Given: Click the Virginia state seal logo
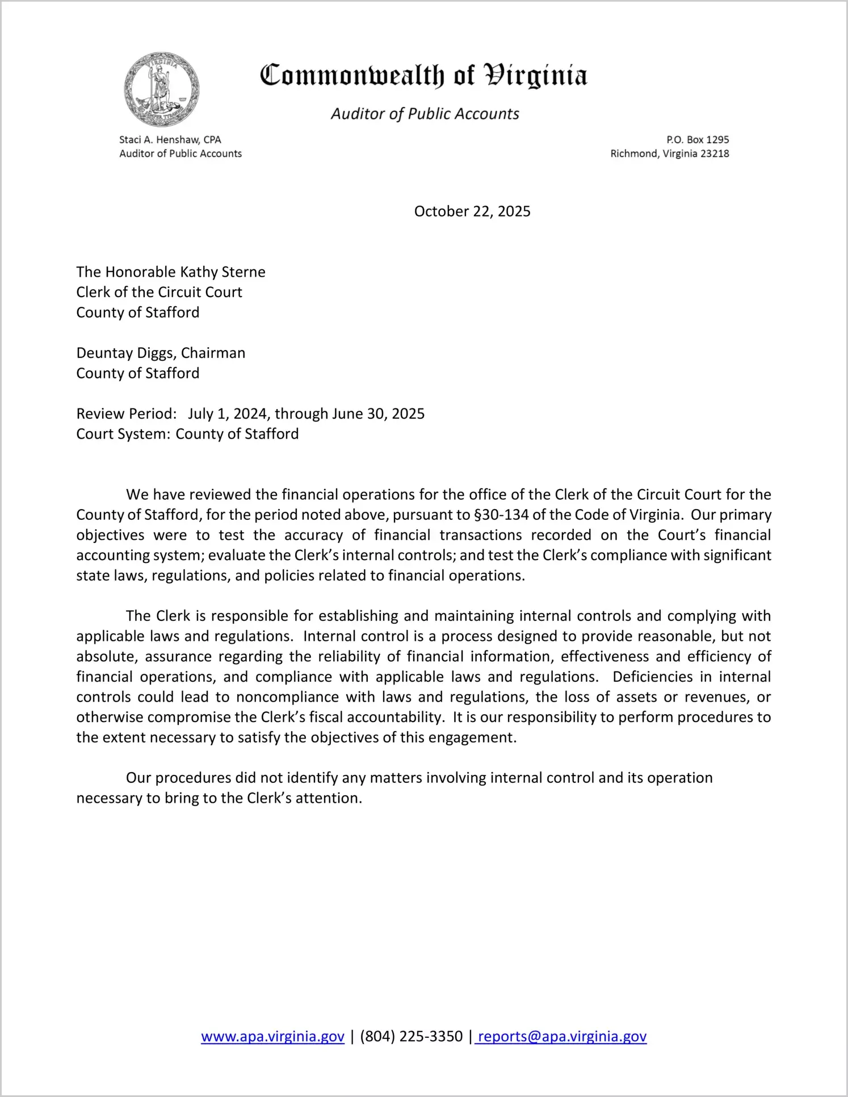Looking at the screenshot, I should click(x=162, y=89).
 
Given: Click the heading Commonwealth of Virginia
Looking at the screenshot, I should click(x=423, y=76).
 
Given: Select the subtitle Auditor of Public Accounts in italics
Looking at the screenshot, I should click(x=425, y=114).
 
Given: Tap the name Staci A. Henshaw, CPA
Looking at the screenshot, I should click(x=170, y=140).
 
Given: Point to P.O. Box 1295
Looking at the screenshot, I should click(x=698, y=140).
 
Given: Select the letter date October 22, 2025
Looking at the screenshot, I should click(x=472, y=211).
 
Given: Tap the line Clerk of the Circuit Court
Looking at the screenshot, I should click(x=159, y=293).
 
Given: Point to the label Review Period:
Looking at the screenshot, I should click(x=127, y=414).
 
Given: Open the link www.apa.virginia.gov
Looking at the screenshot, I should click(x=272, y=1037).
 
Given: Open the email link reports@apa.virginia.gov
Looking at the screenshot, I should click(x=562, y=1037).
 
